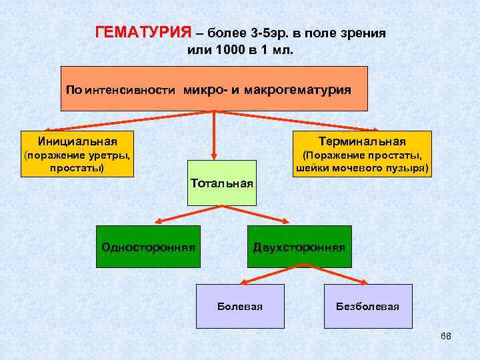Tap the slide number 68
[x=446, y=335]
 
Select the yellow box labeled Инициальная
[x=77, y=153]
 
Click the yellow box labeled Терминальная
[x=362, y=153]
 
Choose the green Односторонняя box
[x=148, y=247]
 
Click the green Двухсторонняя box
[x=299, y=247]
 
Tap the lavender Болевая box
[x=240, y=306]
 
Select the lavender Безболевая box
[x=367, y=306]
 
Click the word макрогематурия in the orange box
[x=298, y=89]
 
